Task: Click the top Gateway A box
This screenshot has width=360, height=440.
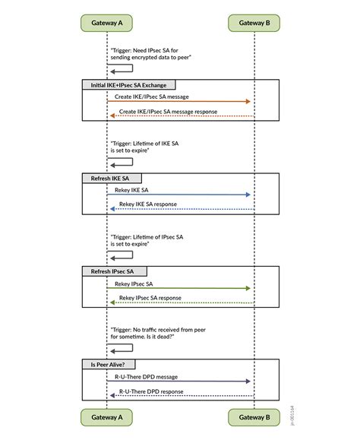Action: tap(106, 24)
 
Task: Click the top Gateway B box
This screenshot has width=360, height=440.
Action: tap(254, 24)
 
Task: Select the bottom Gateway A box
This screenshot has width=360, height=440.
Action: tap(106, 417)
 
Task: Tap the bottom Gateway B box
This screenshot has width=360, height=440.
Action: tap(254, 417)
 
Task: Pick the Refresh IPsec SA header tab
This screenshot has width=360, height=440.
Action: tap(114, 271)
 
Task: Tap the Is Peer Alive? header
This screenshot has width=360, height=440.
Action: tap(109, 365)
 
